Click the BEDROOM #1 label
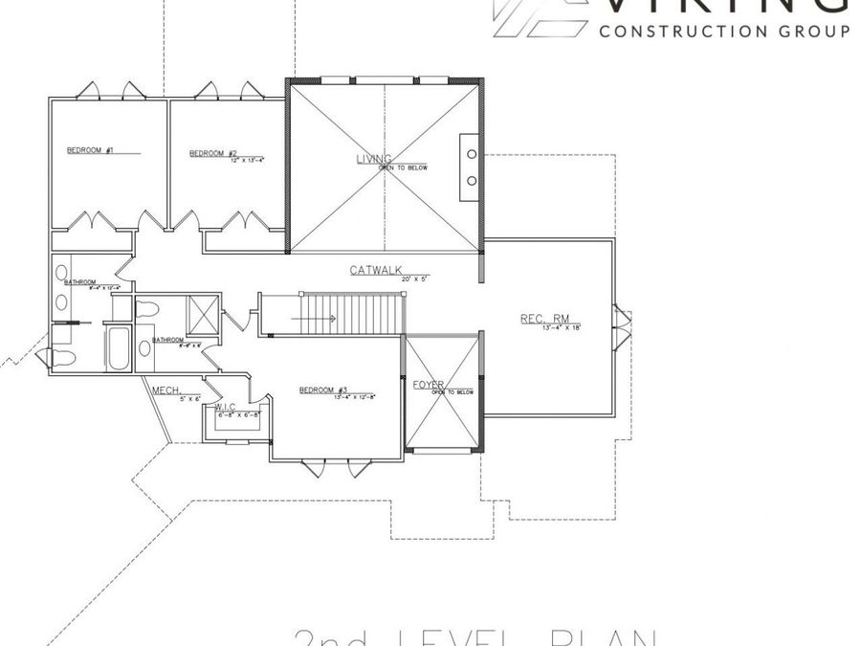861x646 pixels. [x=91, y=150]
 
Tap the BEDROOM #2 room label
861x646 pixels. [x=212, y=153]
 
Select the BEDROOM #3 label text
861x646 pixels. [x=321, y=390]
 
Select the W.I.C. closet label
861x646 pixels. [x=226, y=407]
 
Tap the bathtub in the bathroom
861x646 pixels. [x=119, y=350]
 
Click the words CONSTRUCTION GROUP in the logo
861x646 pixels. [x=723, y=31]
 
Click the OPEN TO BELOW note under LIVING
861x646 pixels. [x=403, y=167]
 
